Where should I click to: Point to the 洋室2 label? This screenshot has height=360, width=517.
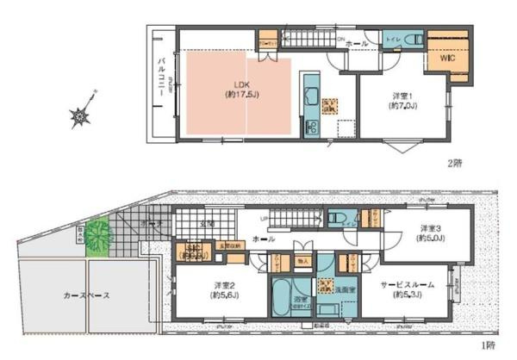pyautogui.click(x=223, y=289)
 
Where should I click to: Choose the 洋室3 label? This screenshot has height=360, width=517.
pyautogui.click(x=431, y=233)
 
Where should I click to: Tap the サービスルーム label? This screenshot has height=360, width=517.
pyautogui.click(x=413, y=289)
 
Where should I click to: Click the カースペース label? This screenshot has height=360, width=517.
pyautogui.click(x=86, y=295)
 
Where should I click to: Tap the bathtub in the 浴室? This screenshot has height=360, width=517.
pyautogui.click(x=281, y=299)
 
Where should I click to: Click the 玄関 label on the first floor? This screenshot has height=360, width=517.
pyautogui.click(x=207, y=224)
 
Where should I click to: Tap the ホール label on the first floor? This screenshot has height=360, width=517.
pyautogui.click(x=265, y=239)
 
